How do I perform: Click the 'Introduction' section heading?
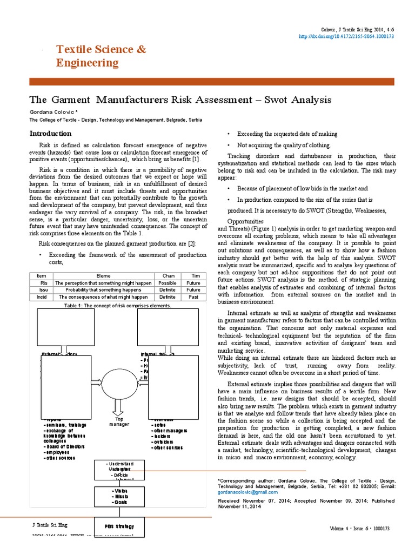click(50, 133)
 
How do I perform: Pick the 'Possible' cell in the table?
click(168, 283)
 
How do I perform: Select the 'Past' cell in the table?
click(193, 297)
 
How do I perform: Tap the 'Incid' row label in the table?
click(41, 297)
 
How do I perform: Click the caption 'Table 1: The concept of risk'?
click(117, 305)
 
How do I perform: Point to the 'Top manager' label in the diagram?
click(119, 421)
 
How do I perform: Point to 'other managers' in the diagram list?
click(173, 430)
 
